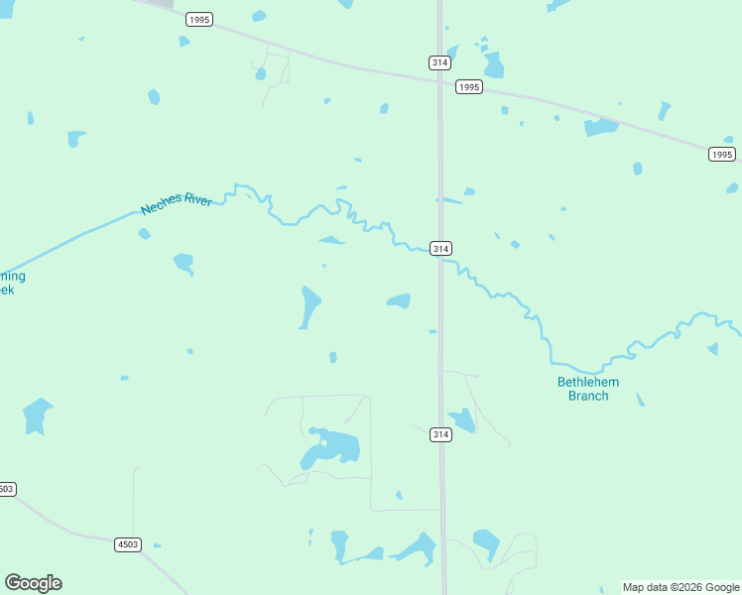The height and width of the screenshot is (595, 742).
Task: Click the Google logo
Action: point(33,583)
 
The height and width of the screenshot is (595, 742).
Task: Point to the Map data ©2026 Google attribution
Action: point(681,587)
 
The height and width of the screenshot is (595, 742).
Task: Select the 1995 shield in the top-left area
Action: point(199,19)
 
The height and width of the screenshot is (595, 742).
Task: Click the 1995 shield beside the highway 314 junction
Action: point(469,87)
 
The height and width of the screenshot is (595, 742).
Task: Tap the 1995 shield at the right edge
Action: point(722,154)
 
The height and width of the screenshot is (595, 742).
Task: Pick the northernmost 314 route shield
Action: point(440,61)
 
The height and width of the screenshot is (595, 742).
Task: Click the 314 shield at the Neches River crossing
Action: point(441,248)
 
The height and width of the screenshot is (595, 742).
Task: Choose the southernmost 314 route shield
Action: point(441,434)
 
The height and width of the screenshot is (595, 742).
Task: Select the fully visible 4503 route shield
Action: point(128,544)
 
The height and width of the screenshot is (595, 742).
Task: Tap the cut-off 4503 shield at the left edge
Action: point(6,489)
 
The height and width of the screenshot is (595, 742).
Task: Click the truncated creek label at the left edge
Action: point(10,283)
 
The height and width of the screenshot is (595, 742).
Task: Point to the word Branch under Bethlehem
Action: point(588,396)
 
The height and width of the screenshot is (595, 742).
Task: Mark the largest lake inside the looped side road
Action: point(330,449)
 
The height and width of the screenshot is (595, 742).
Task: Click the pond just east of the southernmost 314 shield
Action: point(461,420)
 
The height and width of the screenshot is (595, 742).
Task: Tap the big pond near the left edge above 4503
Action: point(37,416)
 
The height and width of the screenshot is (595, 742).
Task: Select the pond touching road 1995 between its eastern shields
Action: point(600,127)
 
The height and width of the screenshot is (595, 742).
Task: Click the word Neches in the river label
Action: point(162,207)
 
